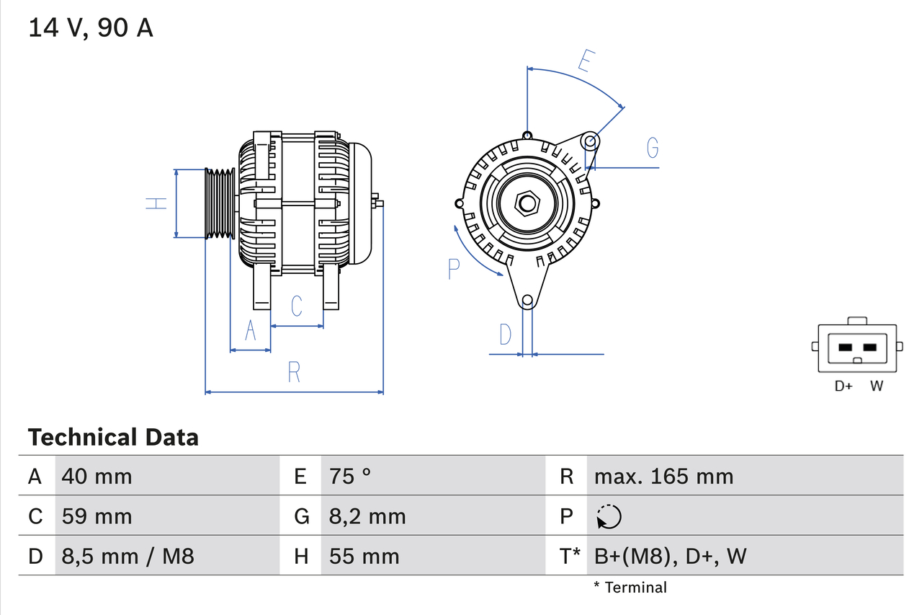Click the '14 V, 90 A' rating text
(x=90, y=28)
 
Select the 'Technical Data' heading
(x=112, y=437)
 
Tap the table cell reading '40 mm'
(x=97, y=476)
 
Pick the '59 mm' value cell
(x=97, y=516)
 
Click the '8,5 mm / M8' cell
(x=127, y=556)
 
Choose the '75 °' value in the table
(x=350, y=476)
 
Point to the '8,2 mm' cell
(x=367, y=516)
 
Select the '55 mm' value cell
(x=364, y=556)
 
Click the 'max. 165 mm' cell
(x=663, y=476)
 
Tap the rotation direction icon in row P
(x=609, y=516)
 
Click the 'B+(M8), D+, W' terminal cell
(x=670, y=556)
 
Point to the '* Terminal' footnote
(x=630, y=587)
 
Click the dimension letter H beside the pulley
(x=156, y=204)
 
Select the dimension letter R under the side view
(x=293, y=372)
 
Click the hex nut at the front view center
(x=527, y=203)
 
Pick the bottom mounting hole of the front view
(x=527, y=300)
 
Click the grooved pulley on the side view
(x=220, y=204)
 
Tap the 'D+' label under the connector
(x=843, y=386)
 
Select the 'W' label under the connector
(x=876, y=386)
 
